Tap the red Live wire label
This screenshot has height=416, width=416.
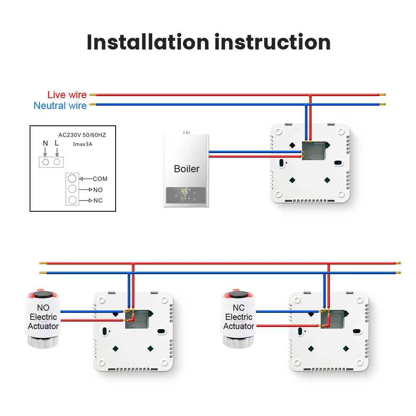[x=67, y=95]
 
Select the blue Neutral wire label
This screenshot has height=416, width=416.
[x=60, y=106]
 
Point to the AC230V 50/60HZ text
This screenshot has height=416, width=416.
[x=82, y=135]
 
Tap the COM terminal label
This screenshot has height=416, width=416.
[x=100, y=179]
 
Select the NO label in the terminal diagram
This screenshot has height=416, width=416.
[x=98, y=190]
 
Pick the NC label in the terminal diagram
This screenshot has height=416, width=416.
[x=98, y=201]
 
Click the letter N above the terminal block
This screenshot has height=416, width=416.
[x=45, y=144]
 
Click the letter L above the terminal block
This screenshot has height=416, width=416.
[x=57, y=144]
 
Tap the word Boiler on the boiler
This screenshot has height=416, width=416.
[x=186, y=169]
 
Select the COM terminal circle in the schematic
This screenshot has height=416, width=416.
[x=72, y=178]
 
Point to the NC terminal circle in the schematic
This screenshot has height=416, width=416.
[x=72, y=200]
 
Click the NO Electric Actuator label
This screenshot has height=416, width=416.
[x=43, y=317]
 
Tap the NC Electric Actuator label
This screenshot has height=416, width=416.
[x=239, y=317]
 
